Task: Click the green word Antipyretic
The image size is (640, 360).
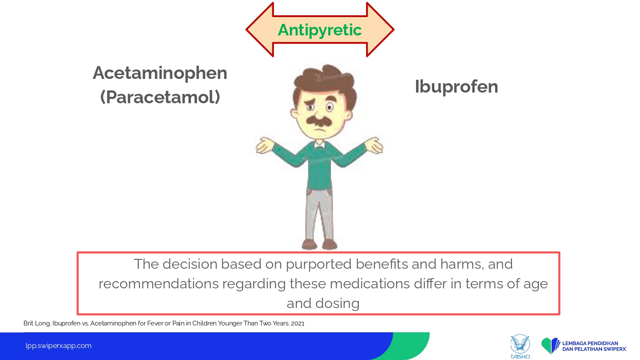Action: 320,30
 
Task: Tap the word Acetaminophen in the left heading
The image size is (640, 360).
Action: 160,73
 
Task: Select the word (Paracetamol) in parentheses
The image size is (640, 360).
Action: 160,97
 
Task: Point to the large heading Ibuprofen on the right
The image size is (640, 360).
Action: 456,86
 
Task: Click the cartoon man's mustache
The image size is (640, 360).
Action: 319,120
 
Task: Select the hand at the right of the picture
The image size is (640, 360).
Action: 374,145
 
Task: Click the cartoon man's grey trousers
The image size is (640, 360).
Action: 320,214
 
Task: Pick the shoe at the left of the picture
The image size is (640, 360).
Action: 309,244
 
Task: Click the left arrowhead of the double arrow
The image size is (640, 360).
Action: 259,29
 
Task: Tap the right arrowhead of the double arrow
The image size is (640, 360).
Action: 380,29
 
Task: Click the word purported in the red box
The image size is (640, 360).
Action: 319,264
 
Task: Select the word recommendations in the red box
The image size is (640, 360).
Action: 159,284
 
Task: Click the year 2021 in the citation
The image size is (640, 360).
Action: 298,323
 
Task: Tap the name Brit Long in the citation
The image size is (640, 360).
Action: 37,323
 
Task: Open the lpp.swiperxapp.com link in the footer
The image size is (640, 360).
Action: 58,346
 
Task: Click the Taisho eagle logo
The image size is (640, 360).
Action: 520,346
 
